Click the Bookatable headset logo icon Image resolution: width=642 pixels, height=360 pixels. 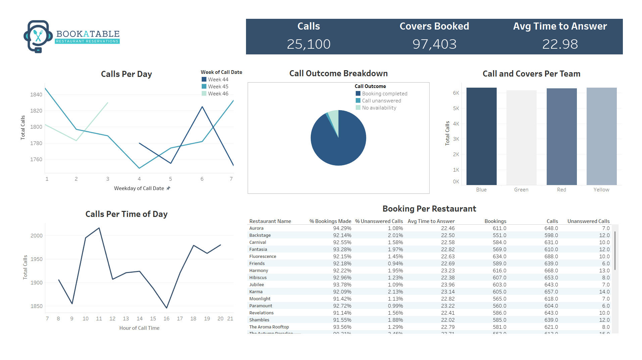tap(38, 36)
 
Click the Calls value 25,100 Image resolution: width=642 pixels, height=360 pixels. tap(308, 44)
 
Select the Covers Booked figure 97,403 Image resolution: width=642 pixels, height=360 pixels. tap(434, 44)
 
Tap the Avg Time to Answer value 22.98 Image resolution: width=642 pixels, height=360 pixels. tap(560, 44)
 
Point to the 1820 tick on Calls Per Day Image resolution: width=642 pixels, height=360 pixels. tap(36, 110)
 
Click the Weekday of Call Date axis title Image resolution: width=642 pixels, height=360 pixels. tap(139, 188)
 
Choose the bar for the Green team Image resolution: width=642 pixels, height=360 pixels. tap(521, 138)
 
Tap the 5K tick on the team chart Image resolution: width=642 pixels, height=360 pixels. tap(456, 108)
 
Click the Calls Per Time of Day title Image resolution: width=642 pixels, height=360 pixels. tap(126, 214)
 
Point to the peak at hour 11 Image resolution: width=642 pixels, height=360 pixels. tap(99, 228)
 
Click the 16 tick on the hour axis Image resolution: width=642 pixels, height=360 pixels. tap(166, 319)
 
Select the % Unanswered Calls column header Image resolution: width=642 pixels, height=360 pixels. tap(379, 221)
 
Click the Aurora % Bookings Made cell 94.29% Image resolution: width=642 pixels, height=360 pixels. tap(342, 228)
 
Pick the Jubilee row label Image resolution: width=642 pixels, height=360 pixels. tap(256, 285)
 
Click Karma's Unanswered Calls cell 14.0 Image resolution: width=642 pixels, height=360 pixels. tap(604, 292)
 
